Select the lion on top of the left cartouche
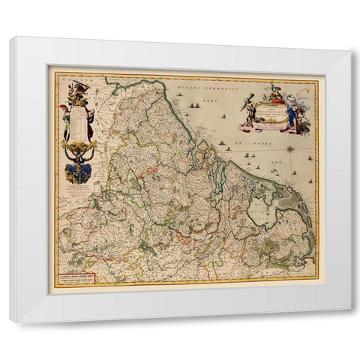point(77,88)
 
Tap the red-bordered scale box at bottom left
point(80,280)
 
